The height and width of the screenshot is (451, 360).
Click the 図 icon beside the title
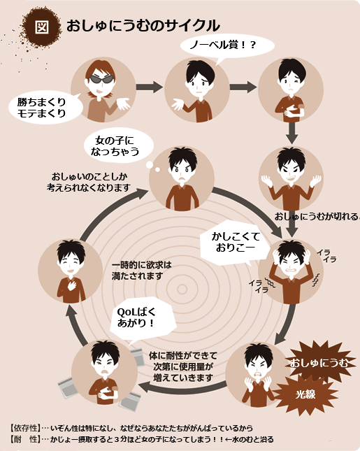tap(42, 27)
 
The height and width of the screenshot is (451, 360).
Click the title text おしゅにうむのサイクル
tap(143, 26)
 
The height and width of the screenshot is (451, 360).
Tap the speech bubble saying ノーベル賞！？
tap(227, 46)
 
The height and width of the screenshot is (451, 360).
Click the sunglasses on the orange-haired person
tap(101, 79)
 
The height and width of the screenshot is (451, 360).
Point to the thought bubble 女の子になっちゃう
tap(118, 148)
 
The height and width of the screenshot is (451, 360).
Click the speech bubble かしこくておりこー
tap(235, 243)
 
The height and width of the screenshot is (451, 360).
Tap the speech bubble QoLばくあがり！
tap(142, 319)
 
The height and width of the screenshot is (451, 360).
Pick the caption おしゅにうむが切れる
tap(317, 216)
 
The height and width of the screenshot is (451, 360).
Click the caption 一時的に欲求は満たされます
tap(141, 271)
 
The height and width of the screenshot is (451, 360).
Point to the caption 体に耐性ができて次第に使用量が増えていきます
tap(183, 366)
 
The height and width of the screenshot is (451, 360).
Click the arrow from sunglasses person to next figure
tap(149, 87)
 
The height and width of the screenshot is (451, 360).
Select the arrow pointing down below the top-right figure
tap(291, 133)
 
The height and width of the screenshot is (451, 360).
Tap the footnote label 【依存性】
tap(25, 428)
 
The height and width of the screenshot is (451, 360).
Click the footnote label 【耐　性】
tap(25, 439)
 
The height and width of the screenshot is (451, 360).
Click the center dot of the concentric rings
tap(182, 289)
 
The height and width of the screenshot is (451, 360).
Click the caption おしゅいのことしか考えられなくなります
tap(89, 182)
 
